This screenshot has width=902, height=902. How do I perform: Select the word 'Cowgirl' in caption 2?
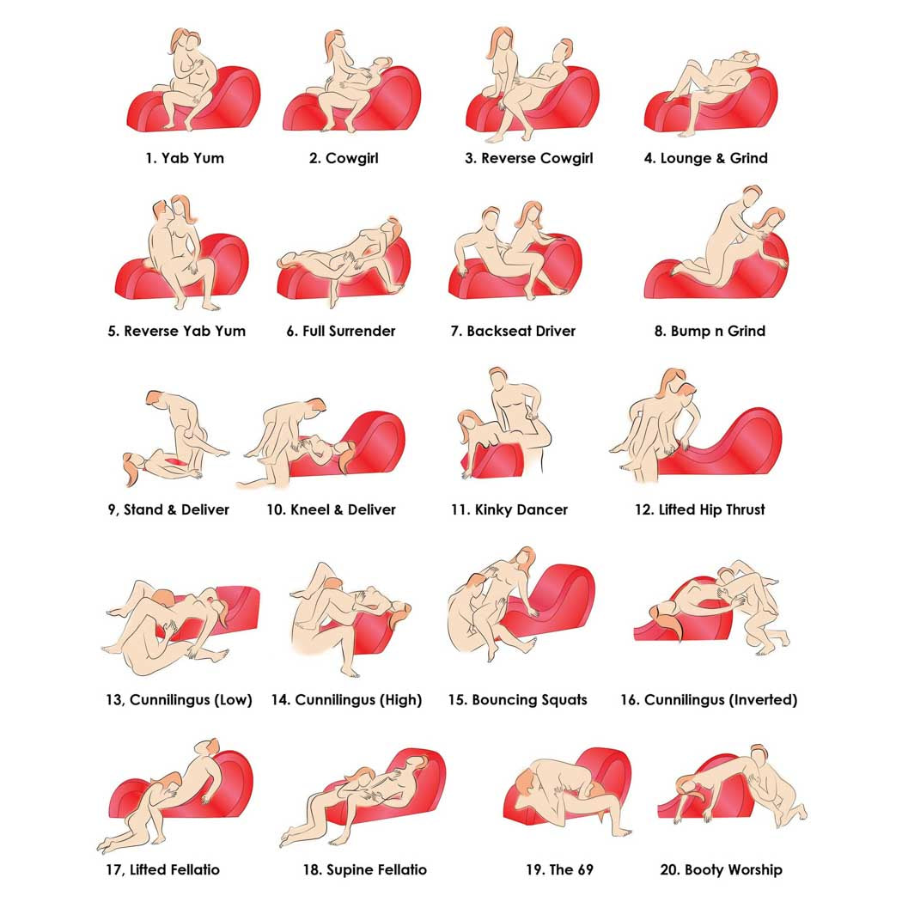coord(352,158)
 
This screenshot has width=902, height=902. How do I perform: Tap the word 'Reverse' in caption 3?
coord(509,158)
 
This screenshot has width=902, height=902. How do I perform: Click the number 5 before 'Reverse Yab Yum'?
coord(113,331)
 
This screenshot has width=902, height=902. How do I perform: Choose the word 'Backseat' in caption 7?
coord(497,331)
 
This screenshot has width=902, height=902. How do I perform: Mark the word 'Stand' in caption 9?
coord(143,509)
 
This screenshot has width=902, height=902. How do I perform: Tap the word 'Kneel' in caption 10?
coord(311,509)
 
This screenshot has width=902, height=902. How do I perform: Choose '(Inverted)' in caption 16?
coord(761,699)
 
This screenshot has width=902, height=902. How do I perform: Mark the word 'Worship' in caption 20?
coord(753,869)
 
